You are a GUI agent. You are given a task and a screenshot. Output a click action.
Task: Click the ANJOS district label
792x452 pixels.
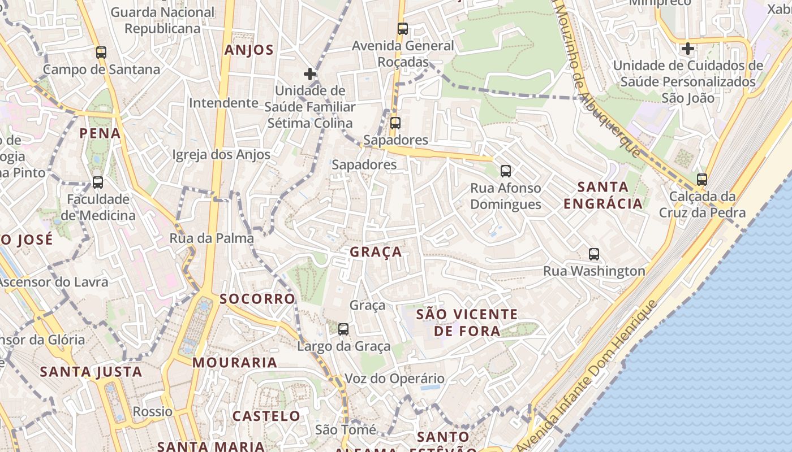coord(249,50)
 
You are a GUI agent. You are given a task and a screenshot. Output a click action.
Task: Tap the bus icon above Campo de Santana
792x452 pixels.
coord(101,53)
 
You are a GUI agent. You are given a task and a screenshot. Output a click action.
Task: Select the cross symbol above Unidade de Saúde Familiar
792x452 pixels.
coord(309,74)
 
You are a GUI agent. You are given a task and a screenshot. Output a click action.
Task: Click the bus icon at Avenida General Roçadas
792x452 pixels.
coord(403,29)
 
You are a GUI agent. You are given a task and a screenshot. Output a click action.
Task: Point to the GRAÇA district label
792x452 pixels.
coord(376,252)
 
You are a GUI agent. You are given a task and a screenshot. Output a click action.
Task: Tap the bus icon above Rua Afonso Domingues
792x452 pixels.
coord(506,171)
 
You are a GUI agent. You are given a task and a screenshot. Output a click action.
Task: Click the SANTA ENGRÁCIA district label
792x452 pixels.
coord(603,195)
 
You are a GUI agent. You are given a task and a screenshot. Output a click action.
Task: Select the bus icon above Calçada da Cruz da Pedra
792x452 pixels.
coord(702,180)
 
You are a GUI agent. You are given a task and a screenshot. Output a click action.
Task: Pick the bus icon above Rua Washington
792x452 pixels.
coord(594,254)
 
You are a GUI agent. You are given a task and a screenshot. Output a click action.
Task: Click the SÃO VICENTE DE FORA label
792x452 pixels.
coord(467,322)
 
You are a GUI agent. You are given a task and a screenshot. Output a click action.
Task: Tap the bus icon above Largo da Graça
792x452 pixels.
coord(343,329)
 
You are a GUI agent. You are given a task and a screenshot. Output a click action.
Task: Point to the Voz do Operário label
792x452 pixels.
coord(394,379)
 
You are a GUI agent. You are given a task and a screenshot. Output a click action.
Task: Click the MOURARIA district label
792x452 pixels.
coord(235,362)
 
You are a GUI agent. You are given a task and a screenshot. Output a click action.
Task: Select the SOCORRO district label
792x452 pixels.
coord(257,299)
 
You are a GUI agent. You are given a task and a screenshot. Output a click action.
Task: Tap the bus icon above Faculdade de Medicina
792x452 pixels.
coord(98,182)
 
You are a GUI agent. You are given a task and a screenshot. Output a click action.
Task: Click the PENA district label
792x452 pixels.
coord(100,133)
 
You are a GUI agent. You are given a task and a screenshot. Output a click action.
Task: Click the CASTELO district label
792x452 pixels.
coord(266,416)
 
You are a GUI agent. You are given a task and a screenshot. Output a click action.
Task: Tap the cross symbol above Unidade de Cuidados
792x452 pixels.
coord(688,49)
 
